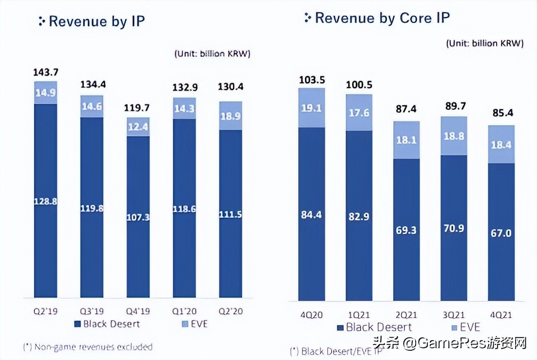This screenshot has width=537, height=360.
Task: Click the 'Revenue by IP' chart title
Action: coord(97,21)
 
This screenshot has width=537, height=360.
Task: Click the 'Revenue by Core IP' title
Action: coord(382,18)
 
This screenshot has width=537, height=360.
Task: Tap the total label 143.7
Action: coord(46,72)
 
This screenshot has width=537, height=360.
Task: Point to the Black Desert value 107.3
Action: coord(138,217)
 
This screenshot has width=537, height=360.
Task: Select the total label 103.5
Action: coord(311,80)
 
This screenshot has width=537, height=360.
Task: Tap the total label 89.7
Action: coord(453,107)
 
